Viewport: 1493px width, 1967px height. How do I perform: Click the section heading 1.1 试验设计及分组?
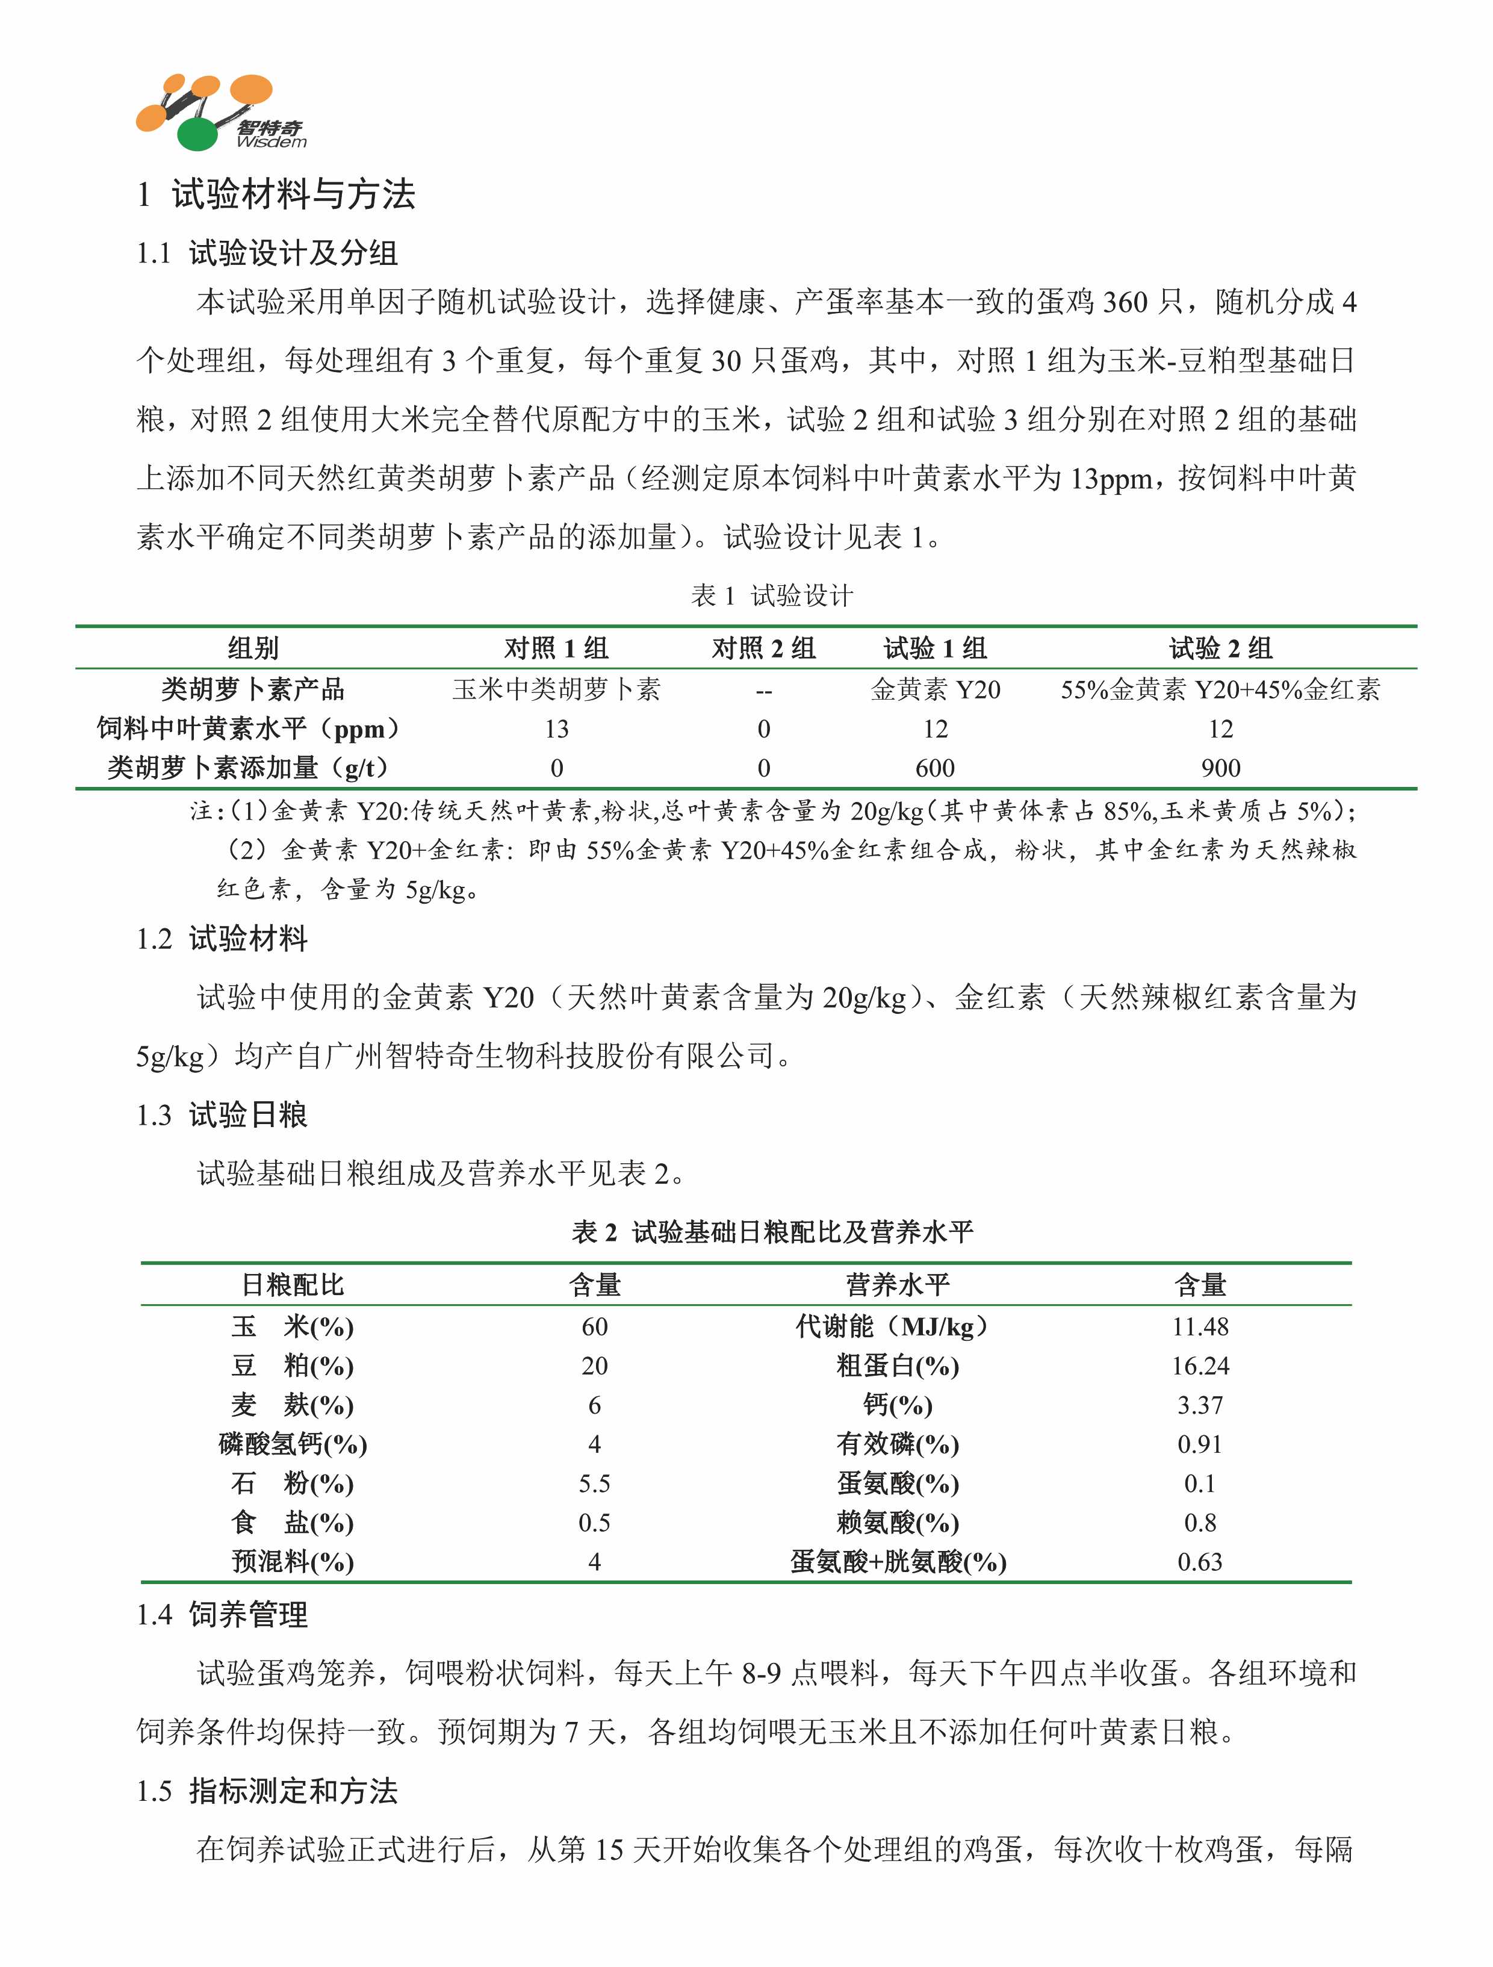(266, 253)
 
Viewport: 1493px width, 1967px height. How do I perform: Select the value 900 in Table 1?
(1220, 768)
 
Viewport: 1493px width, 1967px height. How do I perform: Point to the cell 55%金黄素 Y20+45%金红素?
(1220, 689)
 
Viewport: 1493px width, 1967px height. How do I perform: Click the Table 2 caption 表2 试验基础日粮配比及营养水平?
(771, 1232)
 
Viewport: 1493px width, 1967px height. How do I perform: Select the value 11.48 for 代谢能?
(1200, 1327)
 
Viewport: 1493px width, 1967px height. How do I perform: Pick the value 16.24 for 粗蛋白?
(1200, 1366)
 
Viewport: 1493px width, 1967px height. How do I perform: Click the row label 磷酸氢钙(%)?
(293, 1444)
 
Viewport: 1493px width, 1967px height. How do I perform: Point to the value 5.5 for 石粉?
(594, 1484)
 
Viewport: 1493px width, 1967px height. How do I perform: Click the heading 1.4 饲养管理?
(222, 1614)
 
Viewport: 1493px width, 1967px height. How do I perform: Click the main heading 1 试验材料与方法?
(276, 194)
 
